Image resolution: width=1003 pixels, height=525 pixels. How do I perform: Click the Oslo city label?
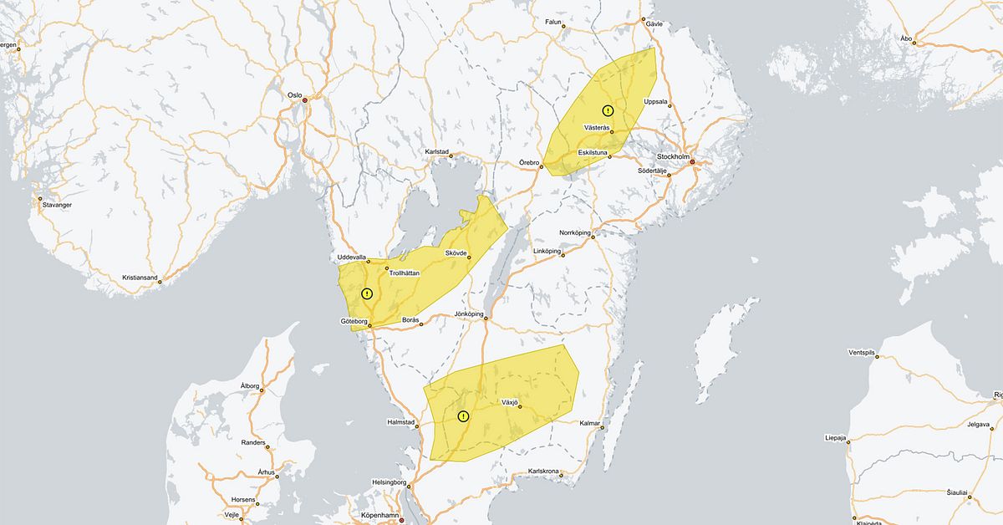pos(294,95)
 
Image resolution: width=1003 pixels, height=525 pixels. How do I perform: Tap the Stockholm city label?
pos(673,156)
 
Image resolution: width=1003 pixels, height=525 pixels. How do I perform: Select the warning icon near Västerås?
pos(608,110)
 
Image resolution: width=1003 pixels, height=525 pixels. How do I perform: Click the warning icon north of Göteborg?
pos(367,293)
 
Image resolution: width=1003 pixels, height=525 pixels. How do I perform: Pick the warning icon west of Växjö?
pos(463,416)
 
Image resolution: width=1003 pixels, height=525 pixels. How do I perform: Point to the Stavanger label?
pos(56,205)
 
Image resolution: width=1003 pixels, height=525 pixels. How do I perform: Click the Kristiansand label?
pos(139,278)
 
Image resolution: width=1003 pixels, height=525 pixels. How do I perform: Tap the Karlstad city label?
pos(437,152)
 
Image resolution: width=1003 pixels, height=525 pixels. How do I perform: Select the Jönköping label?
pos(469,314)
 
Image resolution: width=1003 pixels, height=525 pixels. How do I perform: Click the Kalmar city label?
pos(588,423)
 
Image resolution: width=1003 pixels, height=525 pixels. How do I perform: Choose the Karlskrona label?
pos(543,471)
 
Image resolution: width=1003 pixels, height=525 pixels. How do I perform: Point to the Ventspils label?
pos(861,353)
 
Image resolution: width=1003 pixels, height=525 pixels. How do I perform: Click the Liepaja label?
pos(837,437)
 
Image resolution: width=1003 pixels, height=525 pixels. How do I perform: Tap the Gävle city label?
pos(654,23)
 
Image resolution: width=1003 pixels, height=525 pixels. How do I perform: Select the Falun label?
pos(552,22)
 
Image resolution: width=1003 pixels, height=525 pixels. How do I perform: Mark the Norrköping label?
pos(574,232)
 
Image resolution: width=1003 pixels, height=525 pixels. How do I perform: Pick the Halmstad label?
pos(401,422)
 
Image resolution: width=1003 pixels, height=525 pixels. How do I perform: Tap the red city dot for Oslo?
pos(305,100)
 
